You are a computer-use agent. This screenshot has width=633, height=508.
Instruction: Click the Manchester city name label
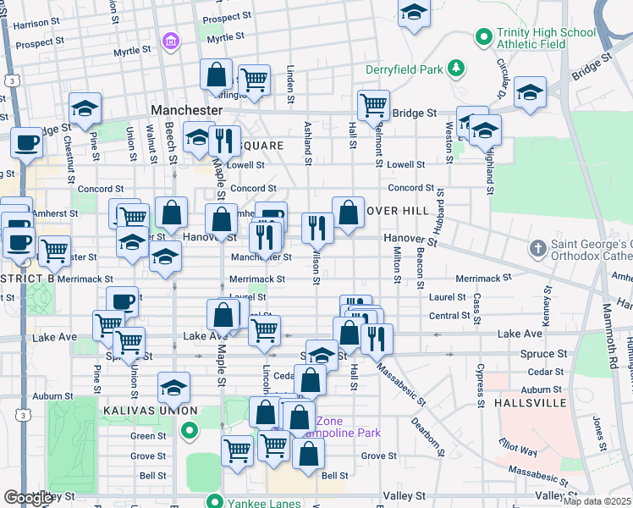tap(186, 110)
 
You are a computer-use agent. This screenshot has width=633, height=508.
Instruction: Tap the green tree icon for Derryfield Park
tap(456, 67)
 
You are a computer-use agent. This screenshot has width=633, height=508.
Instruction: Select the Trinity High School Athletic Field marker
tap(484, 36)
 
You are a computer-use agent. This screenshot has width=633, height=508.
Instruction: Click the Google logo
tap(29, 498)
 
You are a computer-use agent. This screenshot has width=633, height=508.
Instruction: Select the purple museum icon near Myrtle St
tap(173, 41)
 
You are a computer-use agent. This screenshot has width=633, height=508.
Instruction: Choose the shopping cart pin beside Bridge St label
tap(373, 105)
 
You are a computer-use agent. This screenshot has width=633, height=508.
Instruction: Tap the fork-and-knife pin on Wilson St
tap(317, 226)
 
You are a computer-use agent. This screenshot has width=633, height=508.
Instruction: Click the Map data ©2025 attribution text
tap(597, 501)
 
